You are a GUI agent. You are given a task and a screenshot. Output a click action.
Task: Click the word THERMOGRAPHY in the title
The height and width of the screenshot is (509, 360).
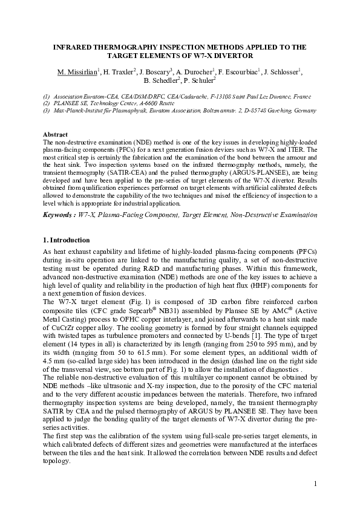point(113,46)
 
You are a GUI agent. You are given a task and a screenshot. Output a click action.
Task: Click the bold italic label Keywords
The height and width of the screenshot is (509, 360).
point(61,215)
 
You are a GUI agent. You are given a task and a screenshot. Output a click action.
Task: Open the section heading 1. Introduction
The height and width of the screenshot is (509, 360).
point(67,240)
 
